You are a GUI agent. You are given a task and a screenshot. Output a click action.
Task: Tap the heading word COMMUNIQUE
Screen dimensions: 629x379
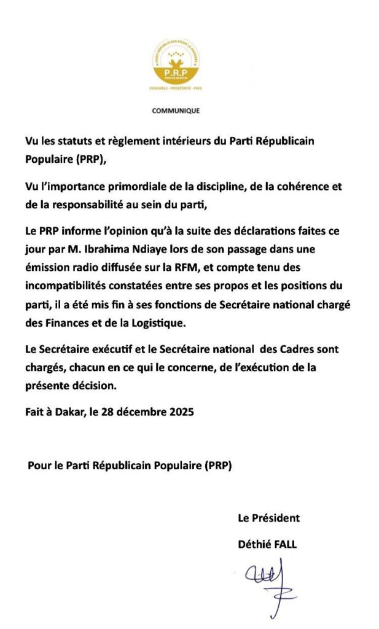click(x=176, y=111)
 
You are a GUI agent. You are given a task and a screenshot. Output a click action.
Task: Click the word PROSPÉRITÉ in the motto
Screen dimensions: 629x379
click(x=176, y=89)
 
